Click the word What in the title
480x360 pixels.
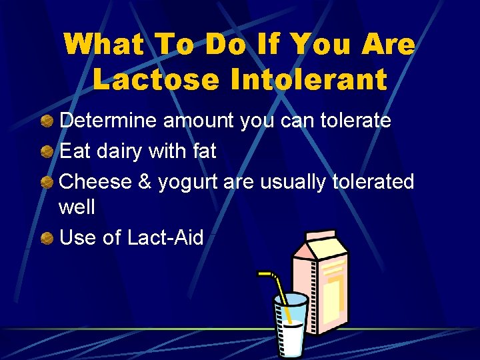pyautogui.click(x=105, y=45)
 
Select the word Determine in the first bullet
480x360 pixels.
pyautogui.click(x=109, y=121)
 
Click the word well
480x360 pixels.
pyautogui.click(x=77, y=207)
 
